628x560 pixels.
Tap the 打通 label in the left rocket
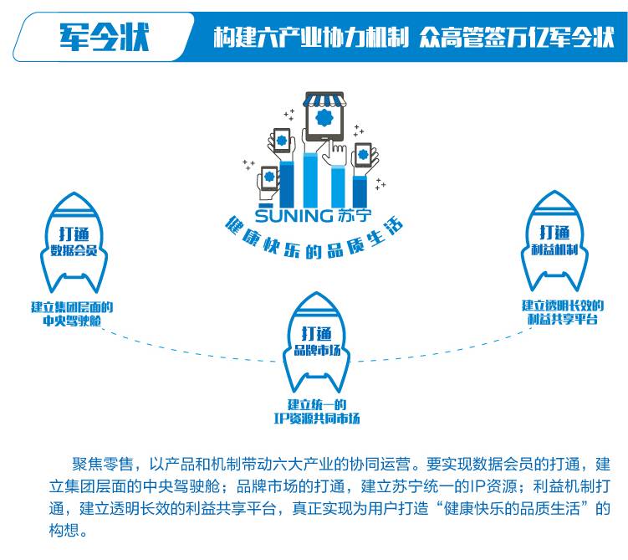[x=74, y=233]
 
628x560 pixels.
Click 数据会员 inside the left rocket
[x=74, y=249]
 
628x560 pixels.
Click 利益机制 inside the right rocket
[x=555, y=249]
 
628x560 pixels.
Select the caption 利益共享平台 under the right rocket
[x=563, y=319]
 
